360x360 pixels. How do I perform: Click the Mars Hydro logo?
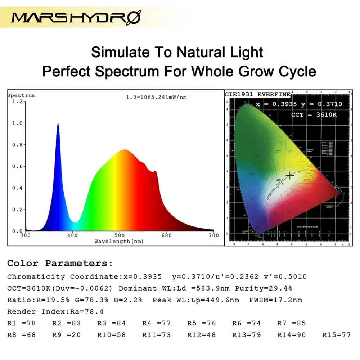[x=76, y=17]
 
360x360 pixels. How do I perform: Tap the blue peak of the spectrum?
[x=58, y=124]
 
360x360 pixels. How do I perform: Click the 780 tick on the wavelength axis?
[x=214, y=235]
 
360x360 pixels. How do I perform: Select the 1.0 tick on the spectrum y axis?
[x=17, y=123]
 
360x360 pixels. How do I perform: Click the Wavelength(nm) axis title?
[x=119, y=241]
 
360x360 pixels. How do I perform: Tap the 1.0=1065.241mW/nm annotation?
[x=156, y=97]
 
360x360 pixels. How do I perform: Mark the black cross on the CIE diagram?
[x=290, y=175]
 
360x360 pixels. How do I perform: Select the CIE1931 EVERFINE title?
[x=257, y=94]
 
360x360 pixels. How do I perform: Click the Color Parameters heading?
[x=60, y=263]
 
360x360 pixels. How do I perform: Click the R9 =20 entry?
[x=67, y=335]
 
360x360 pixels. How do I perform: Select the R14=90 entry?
[x=291, y=335]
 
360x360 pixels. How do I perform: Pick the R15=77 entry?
[x=336, y=335]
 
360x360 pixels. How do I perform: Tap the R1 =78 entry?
[x=22, y=323]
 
